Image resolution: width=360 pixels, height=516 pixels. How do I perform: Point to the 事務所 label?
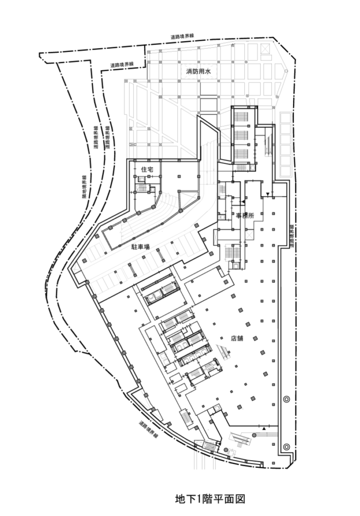tap(245, 216)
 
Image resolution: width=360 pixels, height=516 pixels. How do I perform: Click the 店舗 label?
tap(237, 338)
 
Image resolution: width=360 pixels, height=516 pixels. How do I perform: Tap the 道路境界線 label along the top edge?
tap(182, 37)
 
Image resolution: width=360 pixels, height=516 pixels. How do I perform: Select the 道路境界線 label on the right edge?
tap(292, 236)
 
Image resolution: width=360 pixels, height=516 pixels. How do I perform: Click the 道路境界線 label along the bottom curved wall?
tap(149, 429)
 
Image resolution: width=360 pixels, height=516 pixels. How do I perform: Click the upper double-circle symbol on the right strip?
tap(286, 399)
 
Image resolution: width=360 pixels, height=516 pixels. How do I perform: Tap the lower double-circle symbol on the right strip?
tap(286, 447)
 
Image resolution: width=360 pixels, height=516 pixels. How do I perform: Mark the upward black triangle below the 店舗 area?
tap(264, 428)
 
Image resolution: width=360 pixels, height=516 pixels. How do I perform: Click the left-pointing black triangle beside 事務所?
tap(243, 201)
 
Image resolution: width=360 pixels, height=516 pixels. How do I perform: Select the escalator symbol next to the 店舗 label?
tap(223, 352)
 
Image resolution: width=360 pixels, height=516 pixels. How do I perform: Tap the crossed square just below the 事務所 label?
tap(249, 235)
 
